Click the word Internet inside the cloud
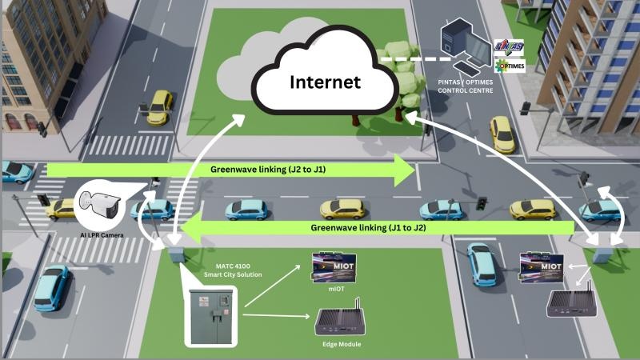[x=325, y=82]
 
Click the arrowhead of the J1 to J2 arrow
[x=186, y=230]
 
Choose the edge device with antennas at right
[x=568, y=302]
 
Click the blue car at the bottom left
[x=50, y=288]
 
